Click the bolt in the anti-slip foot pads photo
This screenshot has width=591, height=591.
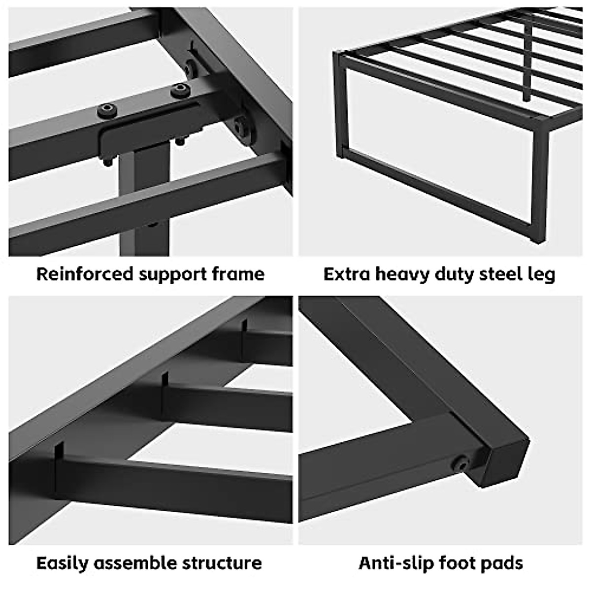click(461, 462)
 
